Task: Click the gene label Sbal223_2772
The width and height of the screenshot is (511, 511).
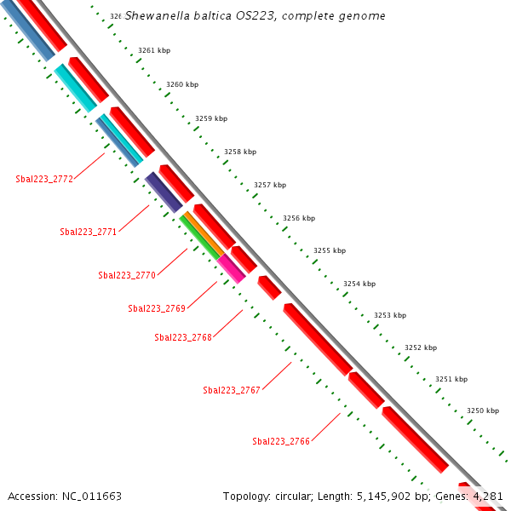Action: (x=44, y=179)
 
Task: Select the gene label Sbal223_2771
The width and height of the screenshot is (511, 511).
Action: (x=89, y=232)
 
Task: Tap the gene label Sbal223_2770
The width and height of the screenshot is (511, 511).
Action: (x=127, y=275)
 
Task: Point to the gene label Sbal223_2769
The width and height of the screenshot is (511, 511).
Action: (x=157, y=308)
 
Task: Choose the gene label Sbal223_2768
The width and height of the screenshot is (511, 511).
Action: (x=183, y=337)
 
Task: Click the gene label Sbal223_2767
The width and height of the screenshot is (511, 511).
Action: (x=232, y=390)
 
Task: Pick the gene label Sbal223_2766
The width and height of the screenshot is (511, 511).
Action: (x=281, y=441)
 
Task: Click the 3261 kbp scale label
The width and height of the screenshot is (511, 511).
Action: (x=153, y=51)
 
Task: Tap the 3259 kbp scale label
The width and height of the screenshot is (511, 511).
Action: (x=211, y=118)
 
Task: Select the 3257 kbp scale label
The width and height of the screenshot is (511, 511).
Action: (x=270, y=185)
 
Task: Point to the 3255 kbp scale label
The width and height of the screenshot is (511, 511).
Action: (x=330, y=250)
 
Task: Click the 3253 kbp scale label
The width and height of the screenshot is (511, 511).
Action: (x=390, y=315)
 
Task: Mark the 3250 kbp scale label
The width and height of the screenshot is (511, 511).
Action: (x=483, y=411)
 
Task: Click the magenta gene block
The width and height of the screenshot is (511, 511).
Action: (x=231, y=268)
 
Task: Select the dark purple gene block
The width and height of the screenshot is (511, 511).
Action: (x=163, y=192)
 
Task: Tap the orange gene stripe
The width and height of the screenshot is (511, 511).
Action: (x=204, y=233)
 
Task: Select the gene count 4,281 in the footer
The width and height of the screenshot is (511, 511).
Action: (x=489, y=496)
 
